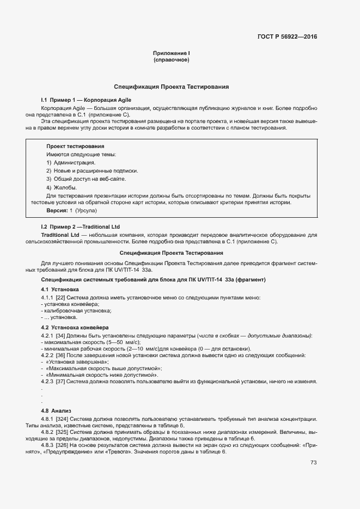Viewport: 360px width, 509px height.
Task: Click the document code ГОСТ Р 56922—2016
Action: pyautogui.click(x=287, y=37)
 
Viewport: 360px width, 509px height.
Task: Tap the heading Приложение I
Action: pyautogui.click(x=171, y=53)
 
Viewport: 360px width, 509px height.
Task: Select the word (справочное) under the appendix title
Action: pyautogui.click(x=171, y=60)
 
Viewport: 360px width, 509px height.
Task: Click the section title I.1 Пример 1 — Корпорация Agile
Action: pyautogui.click(x=86, y=101)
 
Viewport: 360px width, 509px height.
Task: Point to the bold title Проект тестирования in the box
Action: pyautogui.click(x=75, y=146)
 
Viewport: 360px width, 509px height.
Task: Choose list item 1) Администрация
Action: pyautogui.click(x=71, y=162)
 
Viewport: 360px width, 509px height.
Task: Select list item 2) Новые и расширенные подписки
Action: pyautogui.click(x=92, y=170)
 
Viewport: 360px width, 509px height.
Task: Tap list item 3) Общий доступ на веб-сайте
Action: pyautogui.click(x=86, y=179)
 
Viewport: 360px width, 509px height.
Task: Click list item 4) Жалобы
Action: pyautogui.click(x=62, y=187)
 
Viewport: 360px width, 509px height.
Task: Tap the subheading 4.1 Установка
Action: pyautogui.click(x=60, y=289)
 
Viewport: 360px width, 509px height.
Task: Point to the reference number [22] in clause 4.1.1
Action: pyautogui.click(x=60, y=297)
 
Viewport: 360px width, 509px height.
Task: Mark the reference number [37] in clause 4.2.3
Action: pyautogui.click(x=60, y=381)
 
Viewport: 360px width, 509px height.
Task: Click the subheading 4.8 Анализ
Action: pyautogui.click(x=56, y=410)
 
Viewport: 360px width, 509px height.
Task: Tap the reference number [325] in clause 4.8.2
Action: pyautogui.click(x=62, y=432)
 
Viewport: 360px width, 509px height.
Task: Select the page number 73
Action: pyautogui.click(x=313, y=463)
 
